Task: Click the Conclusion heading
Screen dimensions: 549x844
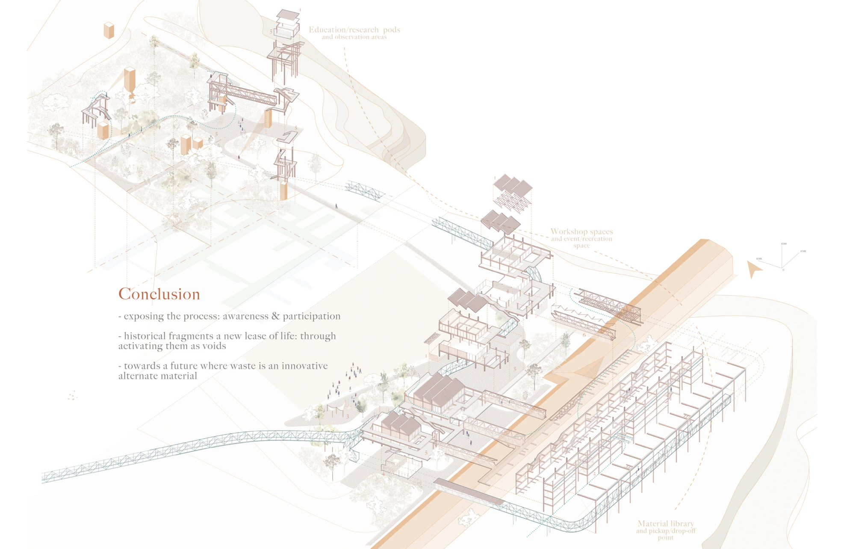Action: pos(159,294)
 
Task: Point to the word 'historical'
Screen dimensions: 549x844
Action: pos(144,336)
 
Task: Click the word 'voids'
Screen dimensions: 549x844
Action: pos(214,346)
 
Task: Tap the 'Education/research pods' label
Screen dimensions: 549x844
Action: pos(354,30)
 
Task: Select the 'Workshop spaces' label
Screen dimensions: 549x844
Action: pos(581,231)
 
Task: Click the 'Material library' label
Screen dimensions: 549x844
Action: pos(665,523)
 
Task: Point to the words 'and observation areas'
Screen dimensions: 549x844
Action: pos(354,37)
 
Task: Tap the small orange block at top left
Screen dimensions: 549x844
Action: pos(109,30)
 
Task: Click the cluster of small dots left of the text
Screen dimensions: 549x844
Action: pos(72,395)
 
